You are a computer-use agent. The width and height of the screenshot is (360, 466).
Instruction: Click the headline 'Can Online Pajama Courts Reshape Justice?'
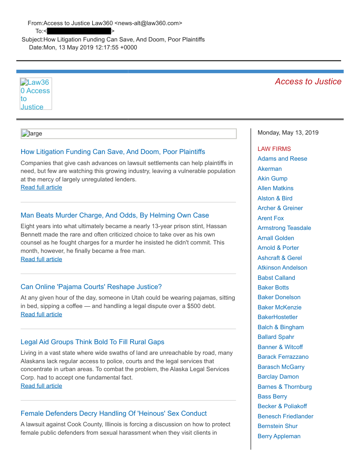pyautogui.click(x=91, y=287)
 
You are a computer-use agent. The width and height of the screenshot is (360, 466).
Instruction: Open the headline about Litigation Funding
pyautogui.click(x=112, y=152)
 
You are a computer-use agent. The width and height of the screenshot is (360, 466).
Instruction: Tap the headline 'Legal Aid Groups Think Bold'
pyautogui.click(x=92, y=342)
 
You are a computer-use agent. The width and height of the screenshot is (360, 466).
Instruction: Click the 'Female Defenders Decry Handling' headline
pyautogui.click(x=113, y=413)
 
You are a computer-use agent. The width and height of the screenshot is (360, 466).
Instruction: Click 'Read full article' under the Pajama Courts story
pyautogui.click(x=41, y=314)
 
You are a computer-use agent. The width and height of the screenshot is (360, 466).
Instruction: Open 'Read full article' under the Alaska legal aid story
pyautogui.click(x=41, y=386)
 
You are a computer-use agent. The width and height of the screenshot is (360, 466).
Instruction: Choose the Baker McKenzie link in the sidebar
pyautogui.click(x=279, y=307)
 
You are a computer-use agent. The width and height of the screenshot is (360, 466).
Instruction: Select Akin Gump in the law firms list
pyautogui.click(x=272, y=178)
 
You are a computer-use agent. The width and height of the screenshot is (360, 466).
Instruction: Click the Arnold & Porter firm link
pyautogui.click(x=278, y=248)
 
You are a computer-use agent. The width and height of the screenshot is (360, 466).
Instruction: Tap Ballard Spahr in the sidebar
pyautogui.click(x=276, y=337)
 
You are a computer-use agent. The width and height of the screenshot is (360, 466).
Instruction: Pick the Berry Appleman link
pyautogui.click(x=279, y=436)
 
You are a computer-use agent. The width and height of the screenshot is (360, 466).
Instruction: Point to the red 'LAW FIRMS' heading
pyautogui.click(x=274, y=149)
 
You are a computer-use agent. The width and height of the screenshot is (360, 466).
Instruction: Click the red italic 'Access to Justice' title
pyautogui.click(x=308, y=82)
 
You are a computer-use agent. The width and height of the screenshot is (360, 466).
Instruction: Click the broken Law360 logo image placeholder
pyautogui.click(x=36, y=94)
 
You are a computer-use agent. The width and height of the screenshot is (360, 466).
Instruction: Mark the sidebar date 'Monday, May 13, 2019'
pyautogui.click(x=288, y=132)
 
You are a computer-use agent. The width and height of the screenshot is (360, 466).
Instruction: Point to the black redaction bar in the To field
pyautogui.click(x=79, y=31)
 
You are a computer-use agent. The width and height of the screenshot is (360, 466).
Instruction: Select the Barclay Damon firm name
pyautogui.click(x=278, y=376)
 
